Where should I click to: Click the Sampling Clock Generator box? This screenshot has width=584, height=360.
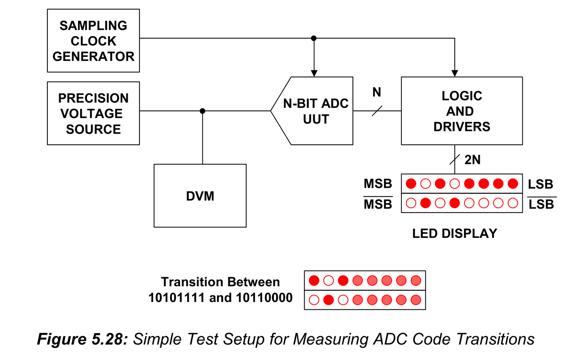pyautogui.click(x=93, y=41)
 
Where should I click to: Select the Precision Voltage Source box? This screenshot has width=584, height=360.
pyautogui.click(x=93, y=113)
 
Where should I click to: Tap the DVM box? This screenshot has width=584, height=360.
pyautogui.click(x=200, y=196)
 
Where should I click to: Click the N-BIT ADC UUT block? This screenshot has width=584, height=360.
pyautogui.click(x=316, y=111)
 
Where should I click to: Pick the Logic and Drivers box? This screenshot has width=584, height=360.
pyautogui.click(x=462, y=111)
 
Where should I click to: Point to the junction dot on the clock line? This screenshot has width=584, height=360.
pyautogui.click(x=313, y=38)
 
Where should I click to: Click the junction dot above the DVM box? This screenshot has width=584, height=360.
pyautogui.click(x=202, y=111)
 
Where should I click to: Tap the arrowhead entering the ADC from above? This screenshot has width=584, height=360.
pyautogui.click(x=313, y=73)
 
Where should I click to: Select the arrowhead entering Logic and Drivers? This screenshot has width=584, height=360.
pyautogui.click(x=455, y=73)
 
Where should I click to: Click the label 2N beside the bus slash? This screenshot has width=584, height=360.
pyautogui.click(x=472, y=160)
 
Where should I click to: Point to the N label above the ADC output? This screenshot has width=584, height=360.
pyautogui.click(x=377, y=93)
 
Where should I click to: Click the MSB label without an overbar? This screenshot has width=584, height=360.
pyautogui.click(x=378, y=184)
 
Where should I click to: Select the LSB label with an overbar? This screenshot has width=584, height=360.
pyautogui.click(x=541, y=204)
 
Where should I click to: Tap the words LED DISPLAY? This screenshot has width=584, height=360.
pyautogui.click(x=455, y=233)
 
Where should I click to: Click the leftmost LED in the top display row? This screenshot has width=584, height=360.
pyautogui.click(x=411, y=183)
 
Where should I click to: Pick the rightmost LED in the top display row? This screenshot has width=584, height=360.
pyautogui.click(x=513, y=183)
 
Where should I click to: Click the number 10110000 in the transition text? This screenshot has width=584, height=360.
pyautogui.click(x=264, y=297)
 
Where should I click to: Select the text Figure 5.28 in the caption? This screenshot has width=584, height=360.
pyautogui.click(x=82, y=339)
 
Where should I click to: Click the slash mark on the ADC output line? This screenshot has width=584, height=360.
pyautogui.click(x=377, y=111)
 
